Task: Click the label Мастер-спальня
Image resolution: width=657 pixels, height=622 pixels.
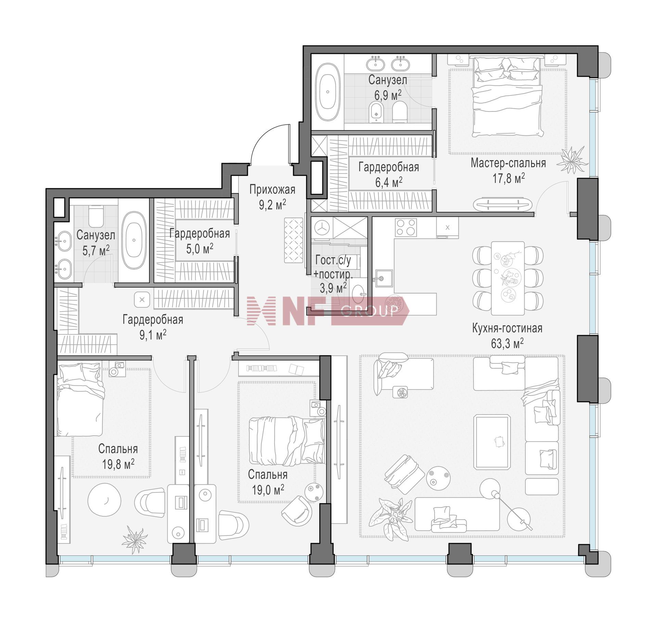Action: [508, 163]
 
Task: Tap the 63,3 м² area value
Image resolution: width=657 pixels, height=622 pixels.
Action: [507, 343]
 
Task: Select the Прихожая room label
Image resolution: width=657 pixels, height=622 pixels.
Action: [272, 189]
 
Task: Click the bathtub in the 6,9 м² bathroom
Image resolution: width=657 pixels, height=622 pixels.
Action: [328, 92]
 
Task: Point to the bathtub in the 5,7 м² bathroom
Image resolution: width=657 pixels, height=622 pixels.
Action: [134, 241]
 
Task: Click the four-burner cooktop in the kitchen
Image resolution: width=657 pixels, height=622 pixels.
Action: [406, 228]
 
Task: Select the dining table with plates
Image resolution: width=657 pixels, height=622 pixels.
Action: [508, 278]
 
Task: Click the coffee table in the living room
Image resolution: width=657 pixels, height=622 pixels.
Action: [492, 441]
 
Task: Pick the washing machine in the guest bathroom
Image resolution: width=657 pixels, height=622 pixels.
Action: [322, 227]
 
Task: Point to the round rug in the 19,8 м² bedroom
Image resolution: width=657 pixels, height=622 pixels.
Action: [104, 500]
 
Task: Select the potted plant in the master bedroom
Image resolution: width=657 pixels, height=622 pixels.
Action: [572, 160]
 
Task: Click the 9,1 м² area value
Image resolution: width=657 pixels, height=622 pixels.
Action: [153, 334]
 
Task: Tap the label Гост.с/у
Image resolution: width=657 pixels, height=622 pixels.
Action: [333, 260]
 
